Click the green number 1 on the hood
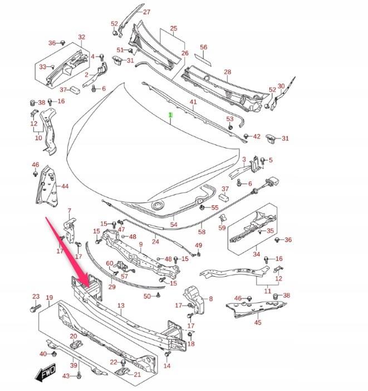pyautogui.click(x=171, y=115)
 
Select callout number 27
pyautogui.click(x=146, y=12)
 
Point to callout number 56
pyautogui.click(x=203, y=47)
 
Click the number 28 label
pyautogui.click(x=227, y=72)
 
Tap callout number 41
pyautogui.click(x=193, y=102)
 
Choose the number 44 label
pyautogui.click(x=65, y=186)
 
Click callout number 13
pyautogui.click(x=121, y=306)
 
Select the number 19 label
pyautogui.click(x=49, y=298)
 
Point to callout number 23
pyautogui.click(x=36, y=297)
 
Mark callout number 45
pyautogui.click(x=258, y=322)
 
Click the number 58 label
pyautogui.click(x=202, y=231)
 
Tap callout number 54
pyautogui.click(x=174, y=224)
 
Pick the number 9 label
pyautogui.click(x=141, y=244)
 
